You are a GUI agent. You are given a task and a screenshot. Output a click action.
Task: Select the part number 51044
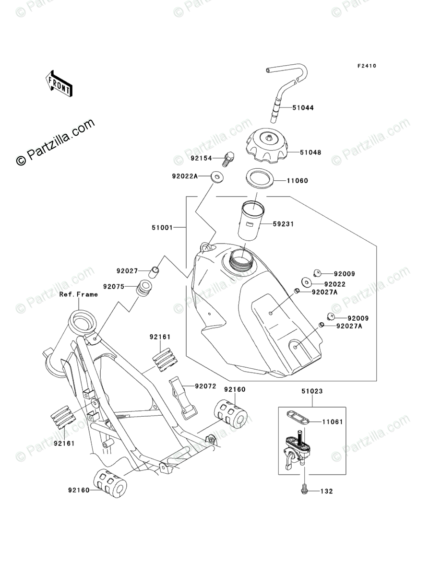[x=303, y=108]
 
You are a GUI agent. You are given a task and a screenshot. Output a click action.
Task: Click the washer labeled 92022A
[x=216, y=177]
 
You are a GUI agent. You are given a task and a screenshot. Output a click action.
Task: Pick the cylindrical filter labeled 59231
[x=252, y=222]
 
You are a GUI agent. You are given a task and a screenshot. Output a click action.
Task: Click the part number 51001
[x=162, y=228]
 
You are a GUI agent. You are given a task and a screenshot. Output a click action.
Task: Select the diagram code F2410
[x=367, y=66]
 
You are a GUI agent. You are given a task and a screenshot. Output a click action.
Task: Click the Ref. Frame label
[x=78, y=294]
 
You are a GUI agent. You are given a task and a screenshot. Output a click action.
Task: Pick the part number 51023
[x=312, y=391]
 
